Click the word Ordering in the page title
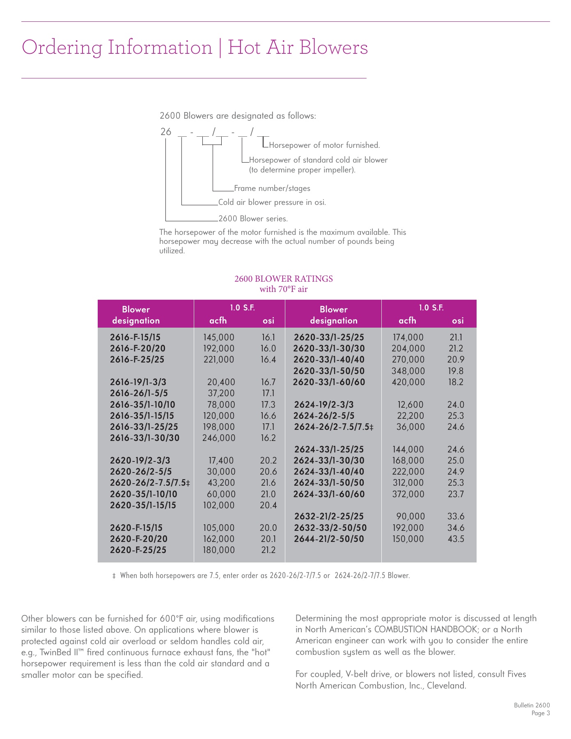[x=62, y=48]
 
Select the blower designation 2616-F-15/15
[x=135, y=337]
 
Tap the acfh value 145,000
[x=219, y=337]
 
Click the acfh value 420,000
[x=408, y=382]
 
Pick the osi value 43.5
[x=456, y=539]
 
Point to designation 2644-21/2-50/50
[x=329, y=539]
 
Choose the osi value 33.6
[x=456, y=516]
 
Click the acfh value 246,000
[x=219, y=438]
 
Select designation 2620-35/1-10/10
[x=143, y=494]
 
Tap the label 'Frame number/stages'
[x=272, y=188]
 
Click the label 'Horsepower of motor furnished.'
[x=324, y=145]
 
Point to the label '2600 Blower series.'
[x=253, y=219]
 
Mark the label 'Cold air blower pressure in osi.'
[x=272, y=202]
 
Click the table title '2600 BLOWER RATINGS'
[x=284, y=279]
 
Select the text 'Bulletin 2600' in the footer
[x=532, y=705]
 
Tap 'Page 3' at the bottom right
[x=541, y=713]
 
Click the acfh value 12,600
[x=410, y=405]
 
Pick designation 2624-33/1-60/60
[x=329, y=494]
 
